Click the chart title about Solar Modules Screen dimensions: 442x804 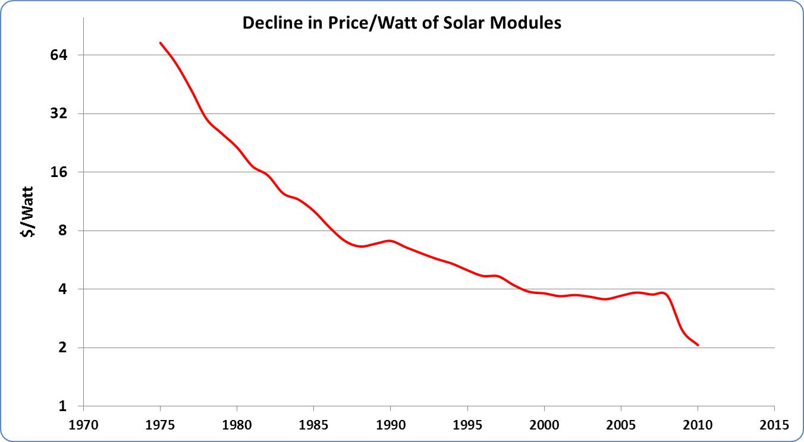pyautogui.click(x=401, y=24)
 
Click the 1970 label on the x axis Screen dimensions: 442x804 pyautogui.click(x=83, y=425)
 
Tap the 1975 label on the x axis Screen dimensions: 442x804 pyautogui.click(x=160, y=425)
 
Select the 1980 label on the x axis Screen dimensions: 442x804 pyautogui.click(x=237, y=425)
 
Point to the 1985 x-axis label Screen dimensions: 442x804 pyautogui.click(x=313, y=425)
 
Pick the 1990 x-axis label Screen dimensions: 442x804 pyautogui.click(x=390, y=425)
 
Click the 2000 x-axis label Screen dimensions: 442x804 pyautogui.click(x=544, y=425)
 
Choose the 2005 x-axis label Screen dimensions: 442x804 pyautogui.click(x=621, y=425)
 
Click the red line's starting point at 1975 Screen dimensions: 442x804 pyautogui.click(x=161, y=43)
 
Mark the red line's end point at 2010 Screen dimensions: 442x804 pyautogui.click(x=698, y=345)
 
